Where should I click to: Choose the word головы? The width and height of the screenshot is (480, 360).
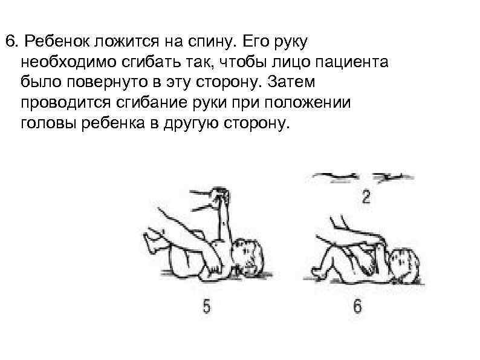coord(45,123)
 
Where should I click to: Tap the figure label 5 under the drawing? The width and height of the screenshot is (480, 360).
coord(206,307)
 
